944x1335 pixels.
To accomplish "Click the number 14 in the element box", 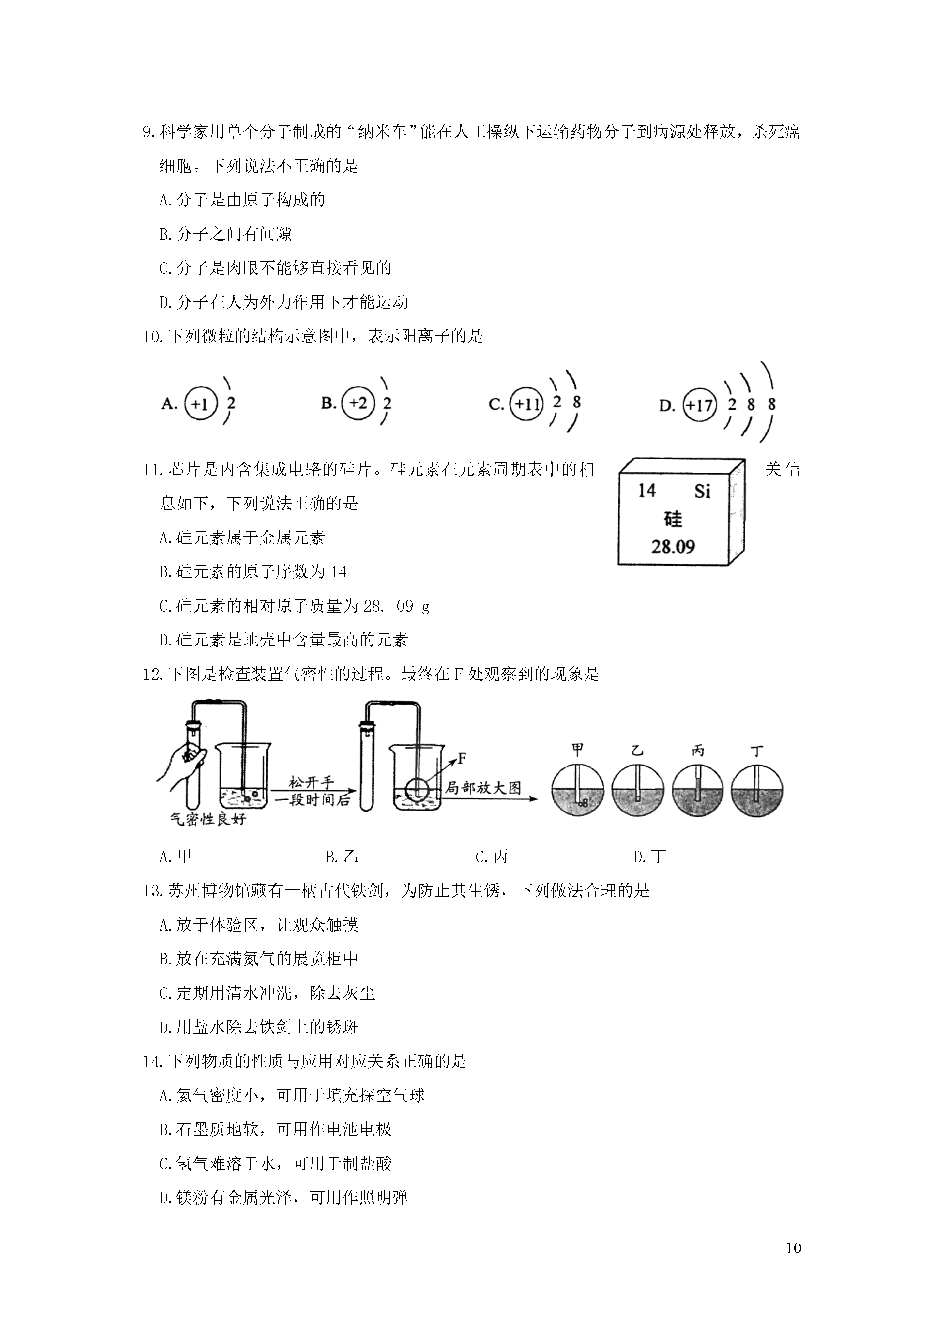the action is (x=647, y=491).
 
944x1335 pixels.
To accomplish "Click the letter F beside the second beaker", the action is (x=463, y=758).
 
